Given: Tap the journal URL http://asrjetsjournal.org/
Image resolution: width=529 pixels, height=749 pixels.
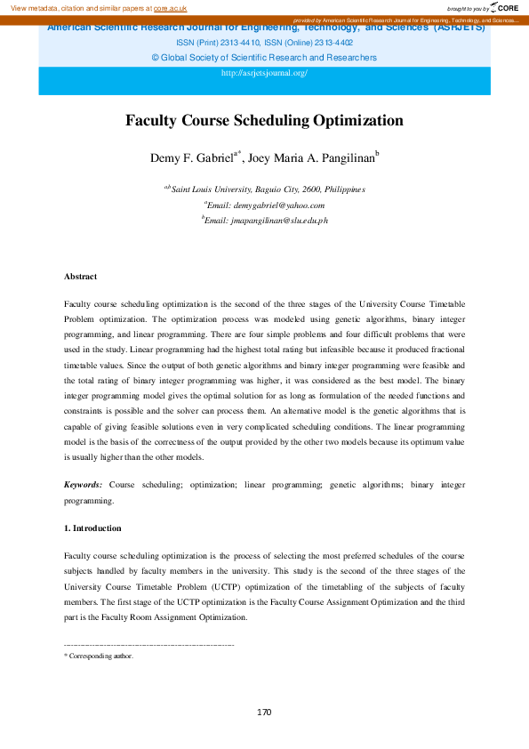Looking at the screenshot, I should (264, 72).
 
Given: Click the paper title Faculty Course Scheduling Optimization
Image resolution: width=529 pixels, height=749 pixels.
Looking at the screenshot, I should (264, 121).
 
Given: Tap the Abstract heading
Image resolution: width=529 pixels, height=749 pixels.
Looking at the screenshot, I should (80, 277).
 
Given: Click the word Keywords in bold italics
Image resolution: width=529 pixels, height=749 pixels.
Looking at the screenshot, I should (82, 484).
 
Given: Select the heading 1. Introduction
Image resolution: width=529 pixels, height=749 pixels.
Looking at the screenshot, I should (92, 528).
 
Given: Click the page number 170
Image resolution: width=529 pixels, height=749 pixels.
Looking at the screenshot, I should (264, 713).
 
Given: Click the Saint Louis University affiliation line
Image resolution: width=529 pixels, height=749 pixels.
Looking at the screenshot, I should (264, 189).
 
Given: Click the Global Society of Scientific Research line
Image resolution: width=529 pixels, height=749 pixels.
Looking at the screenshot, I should (264, 57).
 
